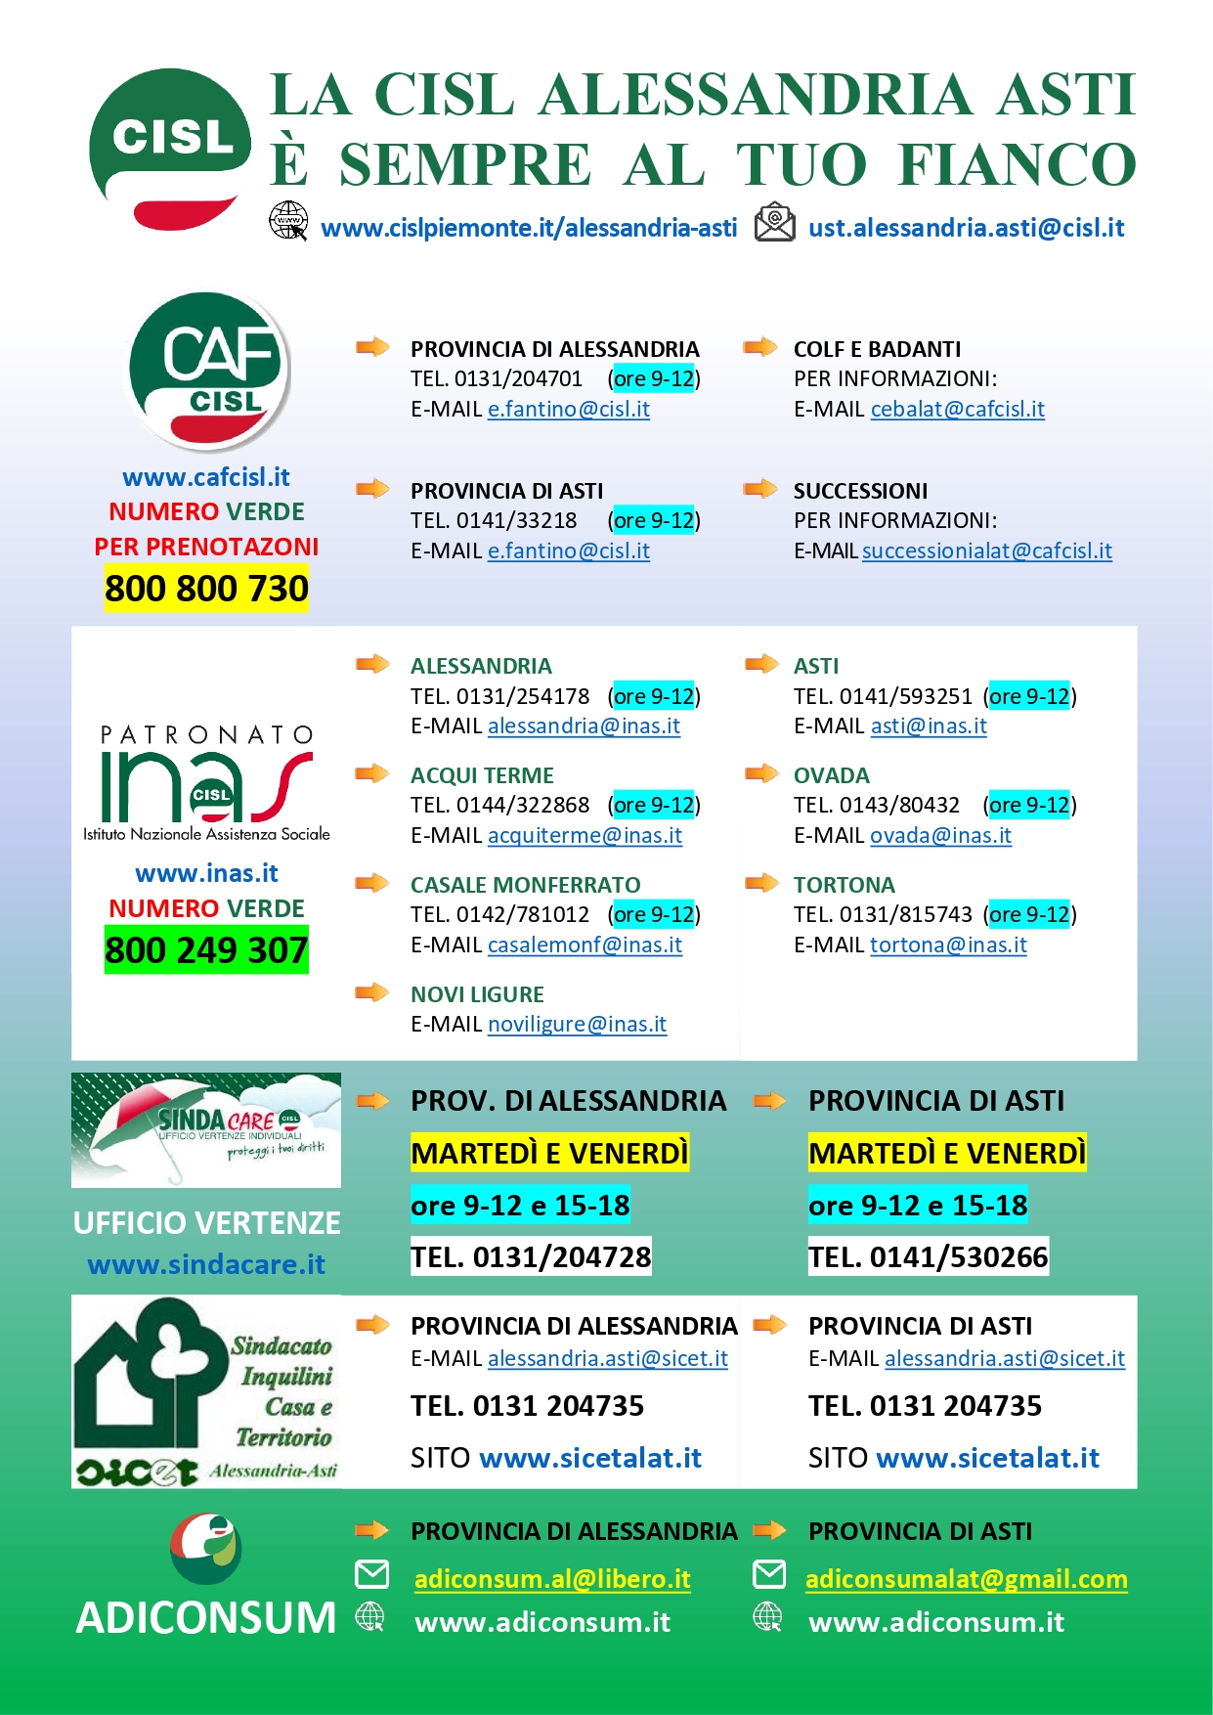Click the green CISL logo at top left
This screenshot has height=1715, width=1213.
pyautogui.click(x=170, y=147)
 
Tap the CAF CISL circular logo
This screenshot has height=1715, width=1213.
pyautogui.click(x=209, y=370)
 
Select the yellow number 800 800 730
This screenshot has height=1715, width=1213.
pyautogui.click(x=206, y=589)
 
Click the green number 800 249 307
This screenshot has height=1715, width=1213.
pyautogui.click(x=206, y=950)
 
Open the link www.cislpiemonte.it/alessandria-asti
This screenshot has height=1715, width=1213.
pyautogui.click(x=529, y=229)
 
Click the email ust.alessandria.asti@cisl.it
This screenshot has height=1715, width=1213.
pyautogui.click(x=966, y=229)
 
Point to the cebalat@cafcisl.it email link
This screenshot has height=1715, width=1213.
pyautogui.click(x=957, y=409)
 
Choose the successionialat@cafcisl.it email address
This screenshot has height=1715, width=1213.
pyautogui.click(x=986, y=551)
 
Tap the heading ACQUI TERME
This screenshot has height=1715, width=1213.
pyautogui.click(x=482, y=775)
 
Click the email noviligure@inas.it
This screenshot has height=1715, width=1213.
pyautogui.click(x=577, y=1025)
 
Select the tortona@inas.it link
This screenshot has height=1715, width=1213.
pyautogui.click(x=948, y=945)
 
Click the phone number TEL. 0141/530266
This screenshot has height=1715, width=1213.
pyautogui.click(x=928, y=1257)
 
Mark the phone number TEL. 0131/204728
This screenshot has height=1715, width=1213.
pyautogui.click(x=531, y=1257)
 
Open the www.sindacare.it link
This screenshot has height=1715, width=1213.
pyautogui.click(x=206, y=1265)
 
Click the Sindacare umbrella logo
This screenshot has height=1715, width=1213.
pyautogui.click(x=206, y=1129)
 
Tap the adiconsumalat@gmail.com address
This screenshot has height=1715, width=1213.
pyautogui.click(x=966, y=1579)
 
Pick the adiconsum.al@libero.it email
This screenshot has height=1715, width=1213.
pyautogui.click(x=552, y=1579)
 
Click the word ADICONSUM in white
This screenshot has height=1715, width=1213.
pyautogui.click(x=206, y=1618)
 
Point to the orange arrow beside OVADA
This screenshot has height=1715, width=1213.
pyautogui.click(x=761, y=773)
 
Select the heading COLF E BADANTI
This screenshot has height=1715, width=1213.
pyautogui.click(x=877, y=349)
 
